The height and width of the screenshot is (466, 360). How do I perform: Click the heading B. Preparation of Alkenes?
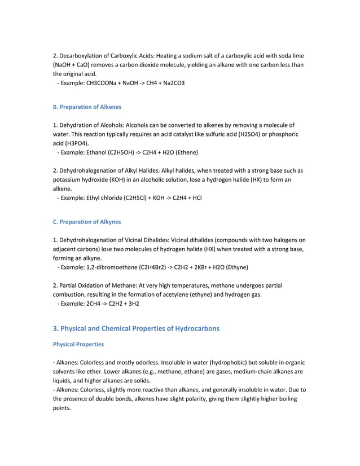(87, 107)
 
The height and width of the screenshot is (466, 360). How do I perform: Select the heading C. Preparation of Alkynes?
(87, 222)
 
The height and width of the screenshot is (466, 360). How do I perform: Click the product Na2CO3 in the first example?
(173, 83)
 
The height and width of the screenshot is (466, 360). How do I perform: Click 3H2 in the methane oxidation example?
(133, 304)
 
